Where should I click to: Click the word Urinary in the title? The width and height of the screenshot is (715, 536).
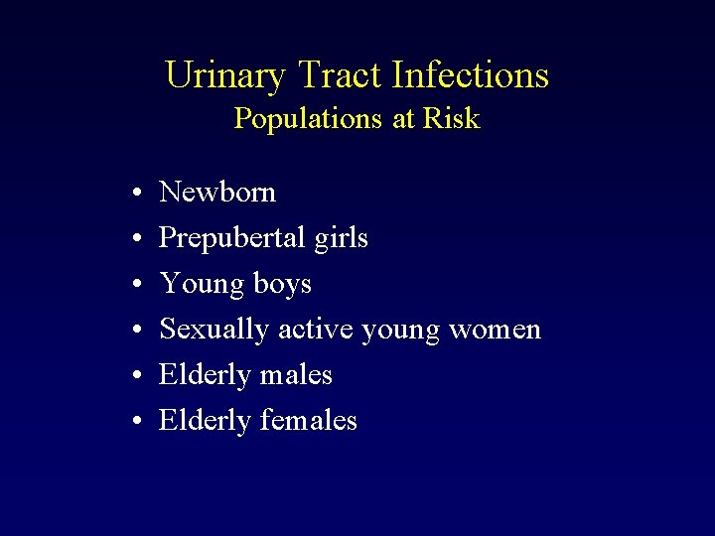point(225,75)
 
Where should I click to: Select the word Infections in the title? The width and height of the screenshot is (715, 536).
point(471,75)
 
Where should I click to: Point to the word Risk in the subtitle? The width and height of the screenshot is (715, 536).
point(451,119)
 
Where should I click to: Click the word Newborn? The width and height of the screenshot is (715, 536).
point(217,192)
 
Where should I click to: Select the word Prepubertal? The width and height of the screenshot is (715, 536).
point(229,238)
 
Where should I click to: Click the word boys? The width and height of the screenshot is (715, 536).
point(282,285)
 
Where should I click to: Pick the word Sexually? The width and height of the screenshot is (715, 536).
point(214,329)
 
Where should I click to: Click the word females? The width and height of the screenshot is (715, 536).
point(308,421)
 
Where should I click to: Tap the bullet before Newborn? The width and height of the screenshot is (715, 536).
point(134,193)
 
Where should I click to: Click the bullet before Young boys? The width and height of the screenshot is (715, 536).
point(134,285)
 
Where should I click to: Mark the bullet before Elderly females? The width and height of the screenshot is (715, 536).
point(134,422)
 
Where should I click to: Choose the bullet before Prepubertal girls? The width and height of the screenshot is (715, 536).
point(134,239)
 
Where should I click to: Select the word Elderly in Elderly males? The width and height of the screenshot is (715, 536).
point(205,375)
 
